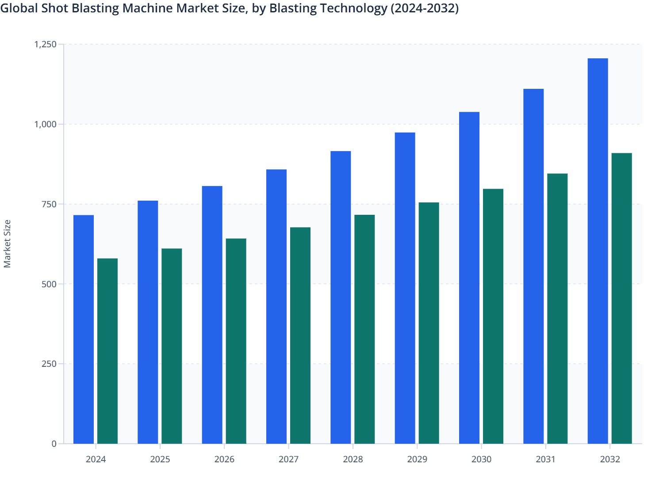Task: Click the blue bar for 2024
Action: tap(84, 329)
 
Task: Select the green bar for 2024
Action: tap(107, 351)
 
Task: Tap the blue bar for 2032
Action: tap(598, 251)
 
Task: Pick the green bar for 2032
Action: tap(621, 298)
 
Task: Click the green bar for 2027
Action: tap(300, 335)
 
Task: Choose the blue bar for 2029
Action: tap(405, 288)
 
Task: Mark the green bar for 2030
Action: tap(493, 316)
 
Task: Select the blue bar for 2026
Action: tap(212, 315)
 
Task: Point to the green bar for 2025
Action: tap(172, 346)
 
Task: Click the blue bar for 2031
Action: tap(533, 266)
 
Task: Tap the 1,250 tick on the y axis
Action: tap(46, 44)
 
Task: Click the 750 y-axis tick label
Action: tap(50, 204)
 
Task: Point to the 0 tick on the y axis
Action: tap(54, 444)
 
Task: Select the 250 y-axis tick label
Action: tap(50, 364)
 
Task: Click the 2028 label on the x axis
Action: tap(353, 459)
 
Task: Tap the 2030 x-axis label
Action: tap(481, 459)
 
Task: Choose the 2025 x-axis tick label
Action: tap(160, 459)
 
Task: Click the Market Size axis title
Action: tap(7, 244)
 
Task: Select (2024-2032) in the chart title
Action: tap(424, 8)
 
